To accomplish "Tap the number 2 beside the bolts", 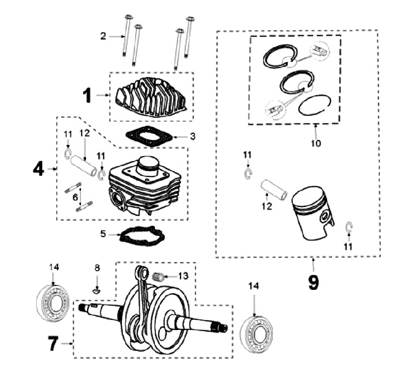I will (103, 36).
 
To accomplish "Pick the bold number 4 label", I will (38, 169).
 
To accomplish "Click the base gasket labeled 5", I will (141, 236).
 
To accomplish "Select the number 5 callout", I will (103, 235).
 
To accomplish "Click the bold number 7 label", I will (53, 344).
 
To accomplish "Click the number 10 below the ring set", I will (317, 144).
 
